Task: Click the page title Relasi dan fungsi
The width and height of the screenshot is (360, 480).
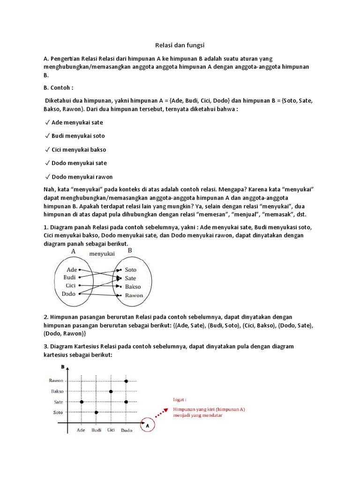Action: pyautogui.click(x=180, y=45)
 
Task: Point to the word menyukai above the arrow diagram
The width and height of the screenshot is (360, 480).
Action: pyautogui.click(x=102, y=254)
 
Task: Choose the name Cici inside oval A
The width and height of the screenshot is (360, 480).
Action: pyautogui.click(x=71, y=285)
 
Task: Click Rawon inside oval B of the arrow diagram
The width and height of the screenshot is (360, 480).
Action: pyautogui.click(x=134, y=295)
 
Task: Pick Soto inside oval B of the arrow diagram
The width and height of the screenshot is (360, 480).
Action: pyautogui.click(x=131, y=270)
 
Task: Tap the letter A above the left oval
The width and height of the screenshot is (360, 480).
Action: pyautogui.click(x=73, y=251)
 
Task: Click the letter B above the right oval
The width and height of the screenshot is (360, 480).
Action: pyautogui.click(x=130, y=251)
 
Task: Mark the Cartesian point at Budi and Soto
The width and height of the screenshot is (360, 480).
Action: pyautogui.click(x=96, y=412)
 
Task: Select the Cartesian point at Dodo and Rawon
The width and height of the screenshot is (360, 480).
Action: pyautogui.click(x=126, y=381)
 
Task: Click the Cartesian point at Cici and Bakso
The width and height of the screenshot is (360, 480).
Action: pyautogui.click(x=111, y=391)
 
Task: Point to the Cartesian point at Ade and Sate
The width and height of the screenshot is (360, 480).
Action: pyautogui.click(x=82, y=402)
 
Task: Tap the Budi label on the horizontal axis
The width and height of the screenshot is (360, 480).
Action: pyautogui.click(x=97, y=430)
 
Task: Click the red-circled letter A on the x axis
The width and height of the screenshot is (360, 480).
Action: pyautogui.click(x=148, y=426)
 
